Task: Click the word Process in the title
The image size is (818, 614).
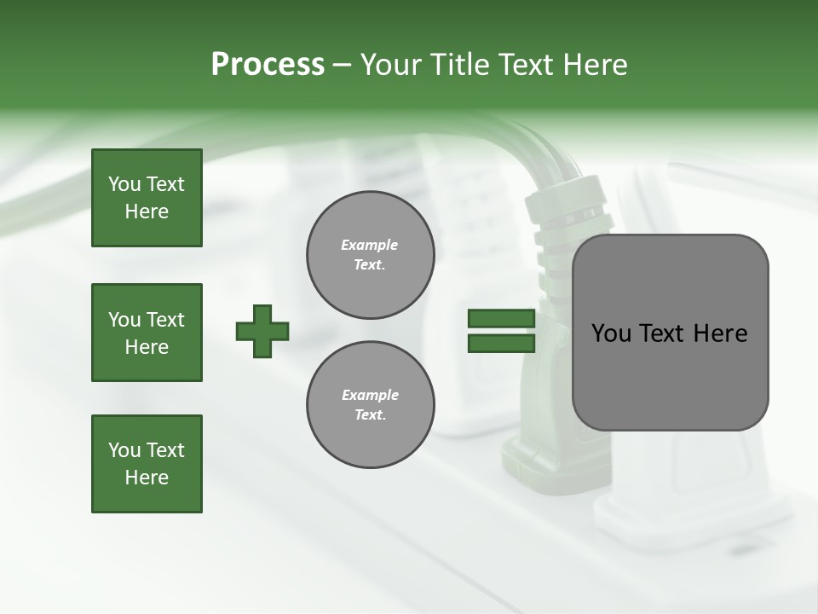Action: tap(268, 65)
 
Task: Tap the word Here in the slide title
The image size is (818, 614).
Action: tap(596, 65)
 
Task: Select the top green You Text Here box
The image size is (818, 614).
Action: tap(147, 198)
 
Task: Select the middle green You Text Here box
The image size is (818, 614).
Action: tap(147, 333)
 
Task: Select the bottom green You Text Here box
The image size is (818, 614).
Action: tap(147, 464)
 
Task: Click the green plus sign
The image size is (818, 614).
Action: tap(262, 331)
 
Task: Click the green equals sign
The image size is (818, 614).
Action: tap(501, 331)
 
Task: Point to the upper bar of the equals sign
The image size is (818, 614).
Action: tap(501, 319)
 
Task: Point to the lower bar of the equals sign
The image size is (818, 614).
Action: tap(501, 344)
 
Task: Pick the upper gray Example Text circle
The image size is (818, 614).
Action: tap(370, 255)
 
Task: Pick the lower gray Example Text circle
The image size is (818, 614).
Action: tap(370, 405)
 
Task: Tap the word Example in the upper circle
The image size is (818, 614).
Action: tap(370, 245)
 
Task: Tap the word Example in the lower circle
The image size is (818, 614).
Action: tap(370, 395)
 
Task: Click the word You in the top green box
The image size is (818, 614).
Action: tap(124, 184)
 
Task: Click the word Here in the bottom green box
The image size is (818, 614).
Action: tap(147, 478)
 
